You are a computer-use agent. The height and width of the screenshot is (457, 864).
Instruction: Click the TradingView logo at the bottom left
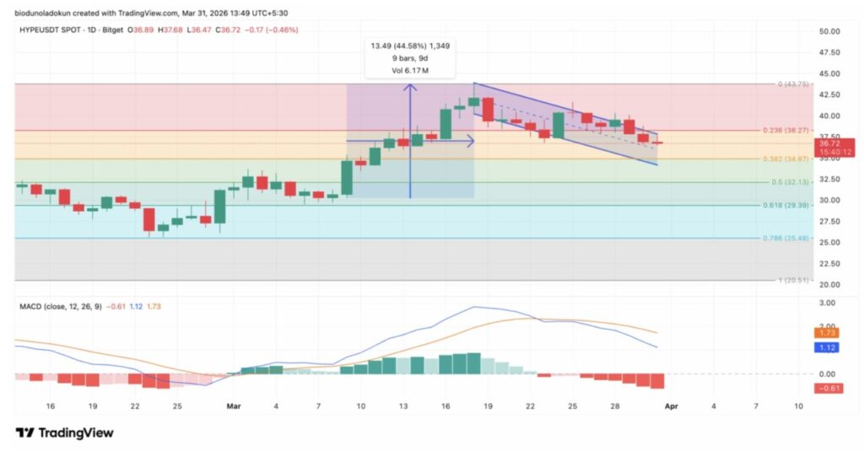tap(64, 433)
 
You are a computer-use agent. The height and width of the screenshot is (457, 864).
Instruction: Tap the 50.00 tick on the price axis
tap(830, 31)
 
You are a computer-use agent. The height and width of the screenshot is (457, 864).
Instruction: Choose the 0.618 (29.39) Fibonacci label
tap(789, 205)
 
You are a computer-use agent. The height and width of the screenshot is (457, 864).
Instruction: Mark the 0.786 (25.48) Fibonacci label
tap(789, 238)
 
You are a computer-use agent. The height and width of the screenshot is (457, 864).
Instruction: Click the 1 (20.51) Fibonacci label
tap(793, 280)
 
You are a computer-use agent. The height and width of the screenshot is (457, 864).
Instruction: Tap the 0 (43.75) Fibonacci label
tap(793, 84)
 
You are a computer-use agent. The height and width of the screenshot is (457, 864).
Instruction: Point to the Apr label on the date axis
tap(671, 406)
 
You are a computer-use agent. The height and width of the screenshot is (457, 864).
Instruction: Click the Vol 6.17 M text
tap(410, 70)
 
